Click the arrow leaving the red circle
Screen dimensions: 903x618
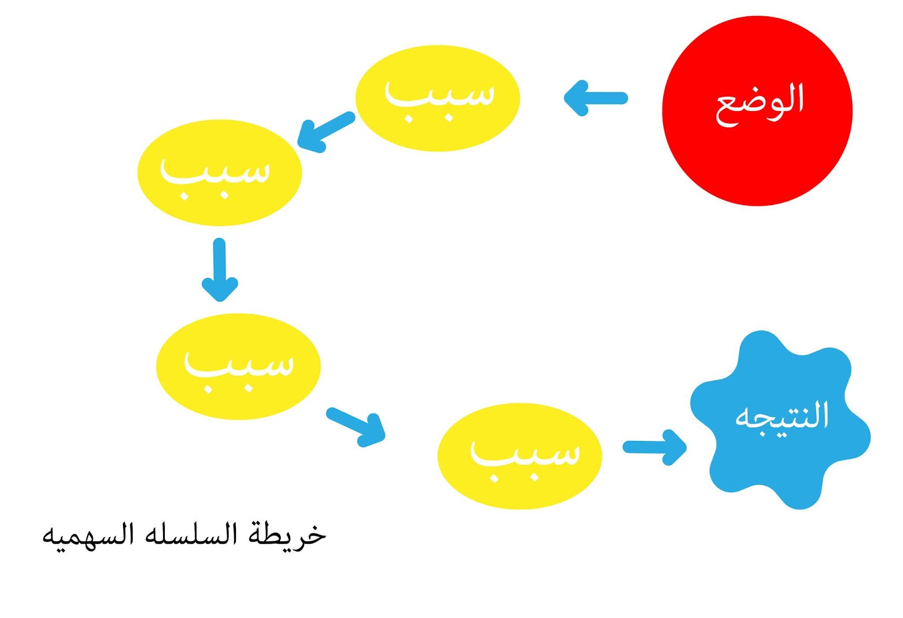[596, 98]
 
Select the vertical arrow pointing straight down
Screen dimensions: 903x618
[220, 270]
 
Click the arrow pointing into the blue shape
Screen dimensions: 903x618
[655, 447]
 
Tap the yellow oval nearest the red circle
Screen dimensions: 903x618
[437, 98]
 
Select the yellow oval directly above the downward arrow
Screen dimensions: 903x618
[220, 173]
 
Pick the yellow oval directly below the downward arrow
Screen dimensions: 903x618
[238, 367]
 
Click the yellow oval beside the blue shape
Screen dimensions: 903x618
[519, 456]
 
